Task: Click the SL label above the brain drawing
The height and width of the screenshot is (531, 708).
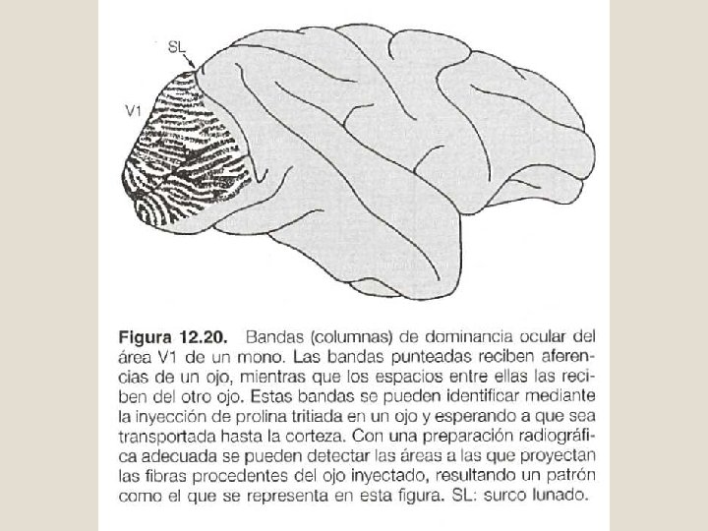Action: [177, 45]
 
